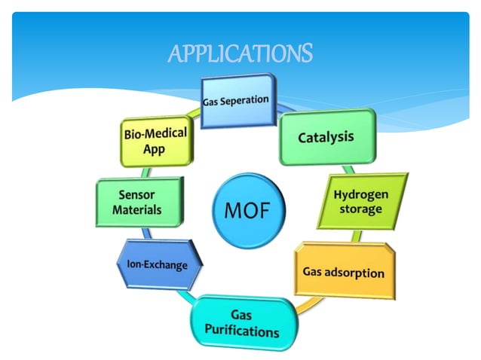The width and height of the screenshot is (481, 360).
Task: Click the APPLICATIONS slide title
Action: point(240,54)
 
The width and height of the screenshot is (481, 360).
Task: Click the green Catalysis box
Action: point(326,137)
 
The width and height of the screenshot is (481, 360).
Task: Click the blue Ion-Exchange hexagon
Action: point(152,265)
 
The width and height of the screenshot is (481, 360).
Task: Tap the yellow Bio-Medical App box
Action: point(154,141)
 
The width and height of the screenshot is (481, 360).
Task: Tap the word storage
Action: point(360,209)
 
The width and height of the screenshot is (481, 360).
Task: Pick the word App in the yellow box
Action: point(153,149)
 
